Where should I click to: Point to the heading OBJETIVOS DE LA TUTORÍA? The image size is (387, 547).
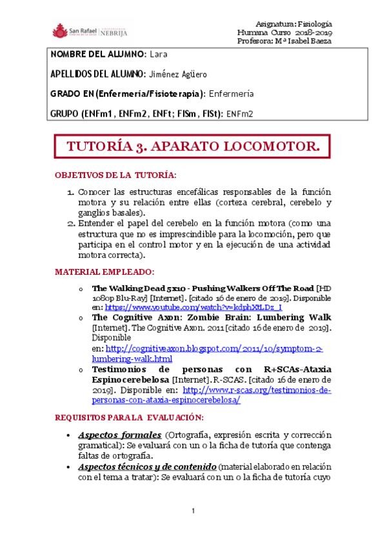pyautogui.click(x=115, y=175)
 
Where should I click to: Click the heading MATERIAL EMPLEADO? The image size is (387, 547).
pyautogui.click(x=104, y=272)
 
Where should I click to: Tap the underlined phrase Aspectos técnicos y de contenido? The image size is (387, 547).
pyautogui.click(x=148, y=466)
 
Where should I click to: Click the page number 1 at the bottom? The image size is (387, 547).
pyautogui.click(x=193, y=511)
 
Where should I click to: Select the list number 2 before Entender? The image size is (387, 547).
pyautogui.click(x=71, y=223)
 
